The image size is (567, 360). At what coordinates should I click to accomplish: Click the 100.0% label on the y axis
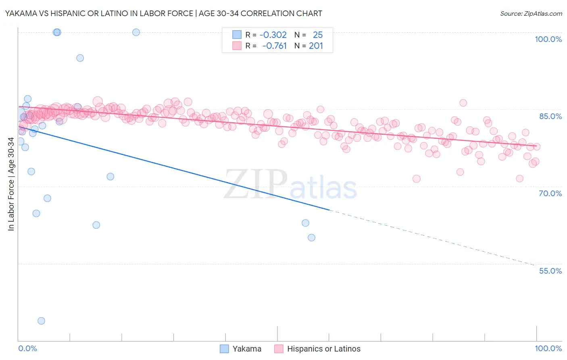point(548,39)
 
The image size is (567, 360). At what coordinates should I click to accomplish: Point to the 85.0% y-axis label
point(550,116)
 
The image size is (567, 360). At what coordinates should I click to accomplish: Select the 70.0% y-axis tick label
point(550,193)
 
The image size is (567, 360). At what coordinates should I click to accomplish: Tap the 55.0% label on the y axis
point(550,271)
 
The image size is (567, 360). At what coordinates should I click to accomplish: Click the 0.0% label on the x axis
point(27,348)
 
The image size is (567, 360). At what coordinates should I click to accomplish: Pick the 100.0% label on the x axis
point(548,348)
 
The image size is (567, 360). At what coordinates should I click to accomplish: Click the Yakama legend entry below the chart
point(246,349)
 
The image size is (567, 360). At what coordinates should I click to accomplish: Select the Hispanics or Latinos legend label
point(323,349)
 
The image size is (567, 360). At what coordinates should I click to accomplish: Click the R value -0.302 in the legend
point(273,35)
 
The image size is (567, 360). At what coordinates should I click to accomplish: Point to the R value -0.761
point(274,46)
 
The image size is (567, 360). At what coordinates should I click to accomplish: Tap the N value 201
point(316,46)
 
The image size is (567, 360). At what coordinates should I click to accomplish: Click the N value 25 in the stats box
point(318,35)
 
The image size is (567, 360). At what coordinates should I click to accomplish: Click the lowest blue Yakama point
point(41,321)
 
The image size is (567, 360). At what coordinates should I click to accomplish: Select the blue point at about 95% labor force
point(80,58)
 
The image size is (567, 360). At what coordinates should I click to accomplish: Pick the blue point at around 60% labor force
point(311,238)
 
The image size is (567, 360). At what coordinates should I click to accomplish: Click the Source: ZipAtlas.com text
point(531,13)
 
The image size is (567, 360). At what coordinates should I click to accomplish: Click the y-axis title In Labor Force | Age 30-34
point(11,184)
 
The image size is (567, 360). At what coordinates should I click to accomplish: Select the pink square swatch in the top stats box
point(237,46)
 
